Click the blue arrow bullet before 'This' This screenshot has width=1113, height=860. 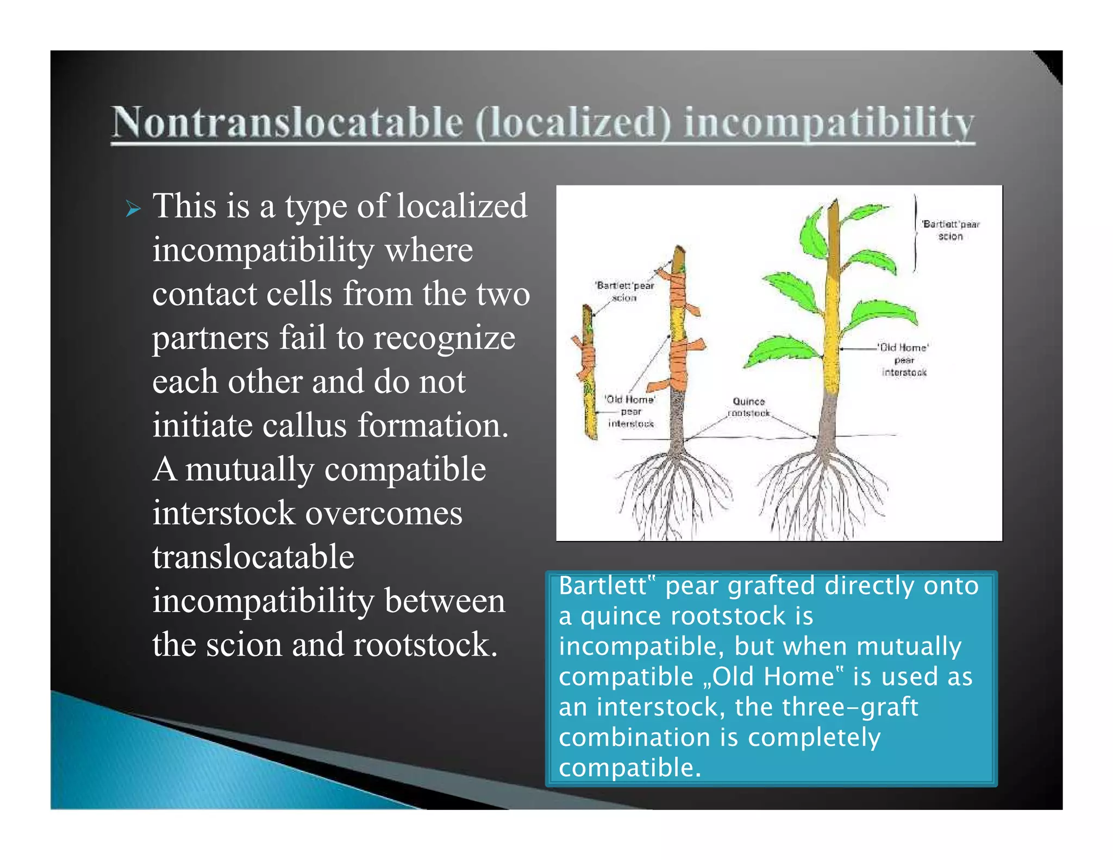(x=133, y=208)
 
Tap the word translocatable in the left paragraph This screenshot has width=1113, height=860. (x=253, y=557)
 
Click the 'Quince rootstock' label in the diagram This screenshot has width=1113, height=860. (x=749, y=407)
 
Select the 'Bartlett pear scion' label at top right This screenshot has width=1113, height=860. (x=950, y=230)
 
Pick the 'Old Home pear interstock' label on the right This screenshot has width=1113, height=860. (x=904, y=360)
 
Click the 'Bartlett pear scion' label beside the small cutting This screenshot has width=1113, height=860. (x=624, y=291)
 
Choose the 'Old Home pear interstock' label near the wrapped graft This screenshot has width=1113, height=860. (x=630, y=412)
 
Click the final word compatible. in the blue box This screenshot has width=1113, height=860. (x=630, y=768)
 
